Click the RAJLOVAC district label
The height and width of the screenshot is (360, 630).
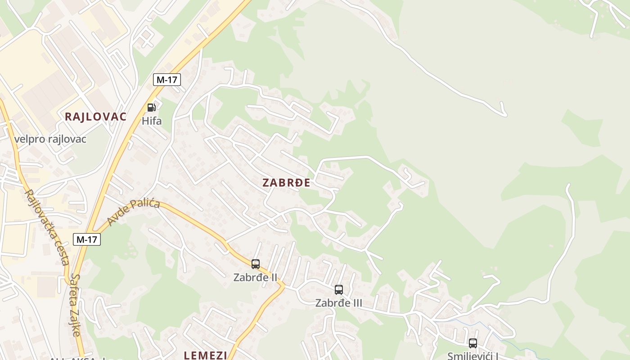pyautogui.click(x=95, y=117)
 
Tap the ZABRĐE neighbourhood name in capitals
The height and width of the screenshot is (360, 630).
pyautogui.click(x=286, y=183)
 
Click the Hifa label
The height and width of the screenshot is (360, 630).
pyautogui.click(x=152, y=121)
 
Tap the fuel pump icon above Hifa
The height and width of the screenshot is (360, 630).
pyautogui.click(x=152, y=108)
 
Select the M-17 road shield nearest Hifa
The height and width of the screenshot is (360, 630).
pyautogui.click(x=166, y=80)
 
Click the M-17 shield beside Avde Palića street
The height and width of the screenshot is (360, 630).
pyautogui.click(x=87, y=239)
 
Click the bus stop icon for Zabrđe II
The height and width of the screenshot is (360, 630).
pyautogui.click(x=256, y=264)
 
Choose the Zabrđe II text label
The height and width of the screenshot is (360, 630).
pyautogui.click(x=255, y=277)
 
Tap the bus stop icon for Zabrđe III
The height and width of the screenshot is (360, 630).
pyautogui.click(x=339, y=290)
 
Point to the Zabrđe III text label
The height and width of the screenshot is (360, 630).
pyautogui.click(x=338, y=303)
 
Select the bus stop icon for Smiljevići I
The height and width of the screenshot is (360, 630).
pyautogui.click(x=473, y=343)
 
